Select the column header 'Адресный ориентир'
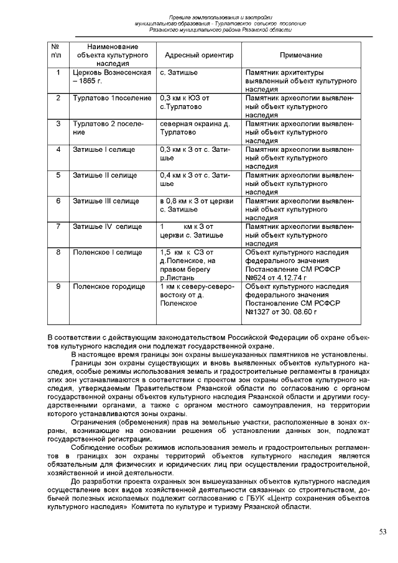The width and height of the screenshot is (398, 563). (194, 55)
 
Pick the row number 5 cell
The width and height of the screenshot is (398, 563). (58, 175)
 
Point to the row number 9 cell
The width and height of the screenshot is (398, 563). (58, 287)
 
